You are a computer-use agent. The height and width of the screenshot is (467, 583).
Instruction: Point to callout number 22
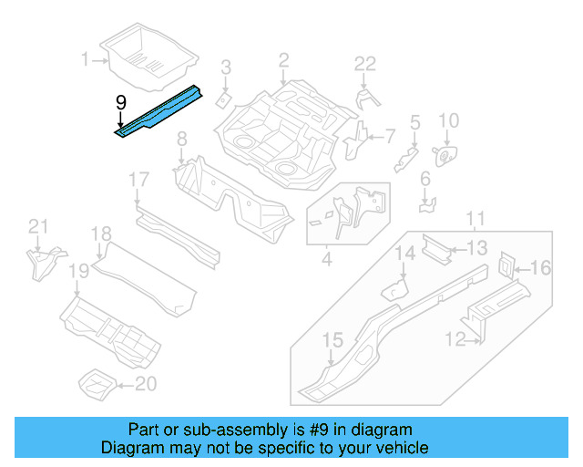[364, 63]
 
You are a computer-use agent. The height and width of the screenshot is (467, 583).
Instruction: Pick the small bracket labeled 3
[224, 96]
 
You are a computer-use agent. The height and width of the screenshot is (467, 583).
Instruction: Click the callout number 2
[283, 60]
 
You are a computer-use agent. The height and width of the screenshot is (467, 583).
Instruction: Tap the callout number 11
[475, 217]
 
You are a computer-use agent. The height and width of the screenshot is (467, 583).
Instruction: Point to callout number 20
[146, 384]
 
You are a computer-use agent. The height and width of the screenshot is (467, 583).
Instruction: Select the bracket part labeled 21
[42, 263]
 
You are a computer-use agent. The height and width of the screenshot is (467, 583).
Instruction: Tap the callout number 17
[138, 179]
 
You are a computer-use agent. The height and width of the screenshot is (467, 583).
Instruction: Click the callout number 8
[182, 139]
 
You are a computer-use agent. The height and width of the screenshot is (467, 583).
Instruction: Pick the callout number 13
[478, 247]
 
